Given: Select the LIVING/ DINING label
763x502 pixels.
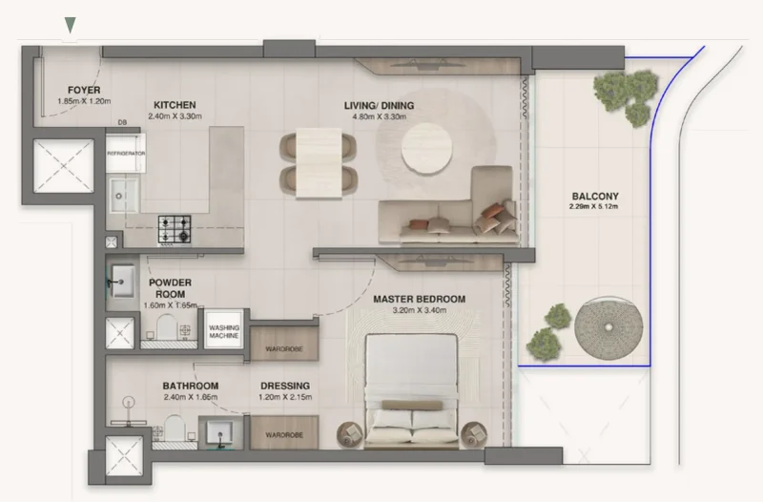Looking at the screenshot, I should [380, 105].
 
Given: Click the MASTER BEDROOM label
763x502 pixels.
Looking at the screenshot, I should [419, 299].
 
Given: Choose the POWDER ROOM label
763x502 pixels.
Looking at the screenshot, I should [170, 288].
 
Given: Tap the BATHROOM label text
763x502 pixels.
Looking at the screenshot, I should [190, 387].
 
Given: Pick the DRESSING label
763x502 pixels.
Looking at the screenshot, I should [283, 387].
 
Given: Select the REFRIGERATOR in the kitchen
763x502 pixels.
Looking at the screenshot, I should [125, 153].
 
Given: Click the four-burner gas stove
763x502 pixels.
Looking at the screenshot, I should [174, 229].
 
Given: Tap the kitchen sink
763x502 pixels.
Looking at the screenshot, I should [121, 194].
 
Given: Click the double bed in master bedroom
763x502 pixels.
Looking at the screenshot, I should [413, 387].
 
